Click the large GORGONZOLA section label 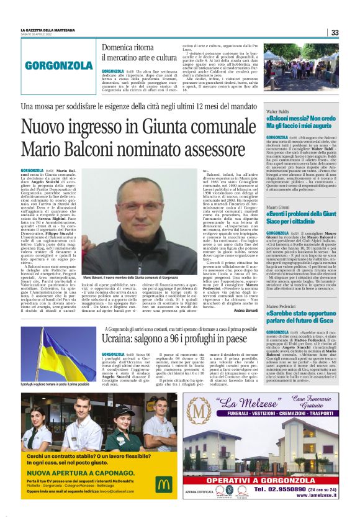(x=60, y=64)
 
